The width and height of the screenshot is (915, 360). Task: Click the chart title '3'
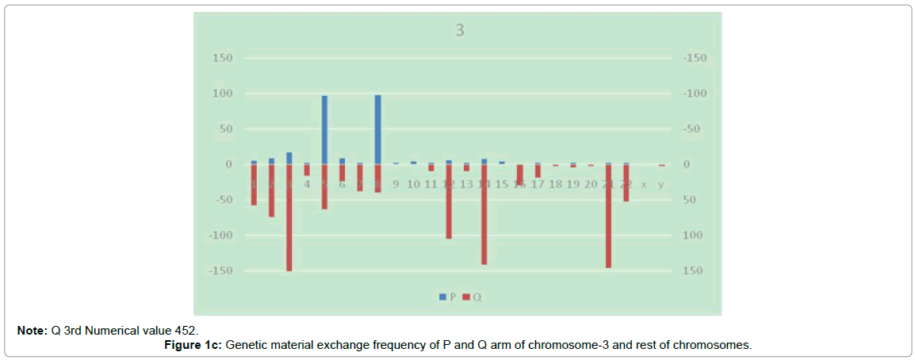[x=458, y=32]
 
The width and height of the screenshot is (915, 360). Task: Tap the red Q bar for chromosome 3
[x=289, y=217]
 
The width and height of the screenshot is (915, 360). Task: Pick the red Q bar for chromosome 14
[x=484, y=214]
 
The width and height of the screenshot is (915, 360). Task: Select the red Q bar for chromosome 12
[x=449, y=201]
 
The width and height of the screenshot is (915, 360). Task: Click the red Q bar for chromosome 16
[x=520, y=174]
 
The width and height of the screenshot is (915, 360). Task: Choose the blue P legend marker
[x=442, y=297]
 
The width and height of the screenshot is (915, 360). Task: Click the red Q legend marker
[x=466, y=297]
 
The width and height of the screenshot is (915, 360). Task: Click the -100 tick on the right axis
[x=694, y=94]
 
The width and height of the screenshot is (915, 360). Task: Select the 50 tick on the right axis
[x=689, y=200]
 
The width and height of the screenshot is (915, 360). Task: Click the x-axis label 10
[x=413, y=185]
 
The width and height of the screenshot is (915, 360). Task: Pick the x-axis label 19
[x=572, y=185]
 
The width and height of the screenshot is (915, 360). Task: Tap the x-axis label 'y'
[x=661, y=185]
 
